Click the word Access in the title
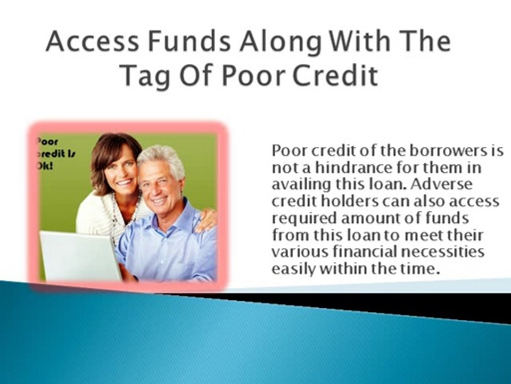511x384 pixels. coord(93,41)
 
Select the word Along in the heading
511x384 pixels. coord(280,43)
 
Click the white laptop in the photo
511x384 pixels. coord(80,256)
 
